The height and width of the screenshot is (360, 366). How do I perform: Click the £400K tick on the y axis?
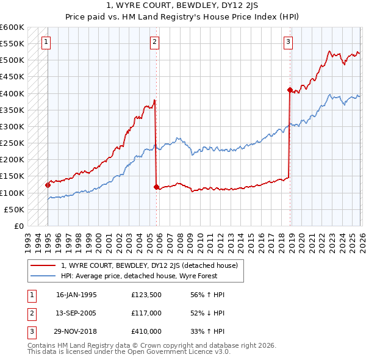(x=12, y=93)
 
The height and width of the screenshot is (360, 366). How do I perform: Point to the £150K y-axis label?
(x=12, y=176)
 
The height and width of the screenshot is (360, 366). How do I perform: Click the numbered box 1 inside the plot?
(x=47, y=42)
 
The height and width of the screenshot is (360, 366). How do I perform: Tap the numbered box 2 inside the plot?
(x=155, y=42)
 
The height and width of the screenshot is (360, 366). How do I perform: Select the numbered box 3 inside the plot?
(x=288, y=42)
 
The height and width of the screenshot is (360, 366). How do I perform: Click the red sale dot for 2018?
(x=289, y=90)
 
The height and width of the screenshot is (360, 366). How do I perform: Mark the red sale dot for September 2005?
(x=156, y=187)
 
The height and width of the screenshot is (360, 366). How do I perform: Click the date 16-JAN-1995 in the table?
(x=76, y=295)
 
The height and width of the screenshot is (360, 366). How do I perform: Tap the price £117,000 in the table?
(x=146, y=313)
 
